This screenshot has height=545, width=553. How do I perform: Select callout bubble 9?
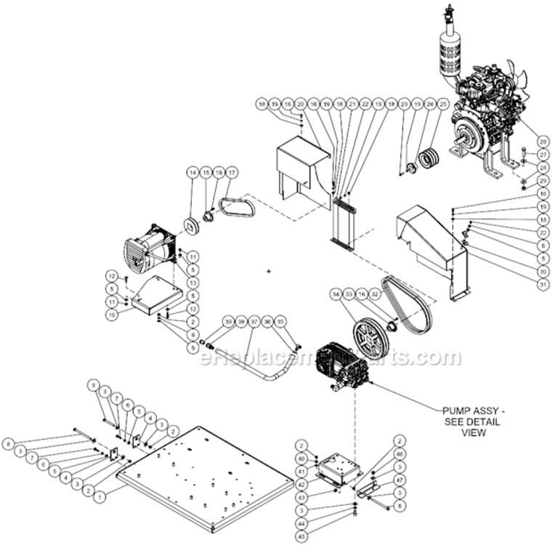click(x=93, y=384)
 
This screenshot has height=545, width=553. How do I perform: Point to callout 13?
click(x=193, y=282)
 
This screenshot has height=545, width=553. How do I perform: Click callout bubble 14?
click(x=193, y=173)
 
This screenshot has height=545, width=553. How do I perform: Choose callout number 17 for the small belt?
click(x=232, y=173)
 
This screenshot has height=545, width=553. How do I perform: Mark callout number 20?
click(x=300, y=105)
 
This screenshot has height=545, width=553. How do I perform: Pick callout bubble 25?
click(x=443, y=105)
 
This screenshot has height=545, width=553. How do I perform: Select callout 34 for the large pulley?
click(x=336, y=294)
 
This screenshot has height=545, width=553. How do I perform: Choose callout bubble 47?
click(x=399, y=481)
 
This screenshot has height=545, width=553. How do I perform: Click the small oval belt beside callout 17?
click(x=237, y=209)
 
